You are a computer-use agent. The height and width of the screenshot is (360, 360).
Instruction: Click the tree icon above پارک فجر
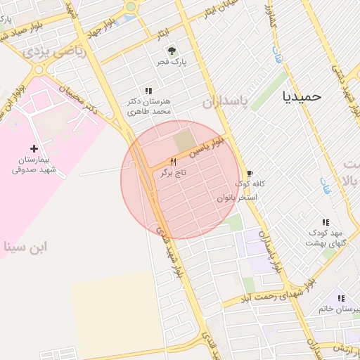coord(172,50)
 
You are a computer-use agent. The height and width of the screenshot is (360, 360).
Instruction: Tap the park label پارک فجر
coord(172,63)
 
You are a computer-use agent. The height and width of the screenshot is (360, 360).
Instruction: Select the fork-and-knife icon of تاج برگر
coord(172,161)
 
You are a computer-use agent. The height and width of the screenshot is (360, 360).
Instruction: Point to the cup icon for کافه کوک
coord(249,173)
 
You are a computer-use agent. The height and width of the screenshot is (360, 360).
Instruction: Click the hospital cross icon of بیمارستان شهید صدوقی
coord(34,148)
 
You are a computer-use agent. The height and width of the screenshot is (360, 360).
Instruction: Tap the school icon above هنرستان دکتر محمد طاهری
coord(148,91)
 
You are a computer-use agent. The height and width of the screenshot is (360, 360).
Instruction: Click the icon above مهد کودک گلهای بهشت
coord(324,221)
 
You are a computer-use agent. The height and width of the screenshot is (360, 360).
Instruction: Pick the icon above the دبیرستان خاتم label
coord(340,298)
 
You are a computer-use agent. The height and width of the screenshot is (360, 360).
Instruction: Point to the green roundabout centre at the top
coord(131,6)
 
